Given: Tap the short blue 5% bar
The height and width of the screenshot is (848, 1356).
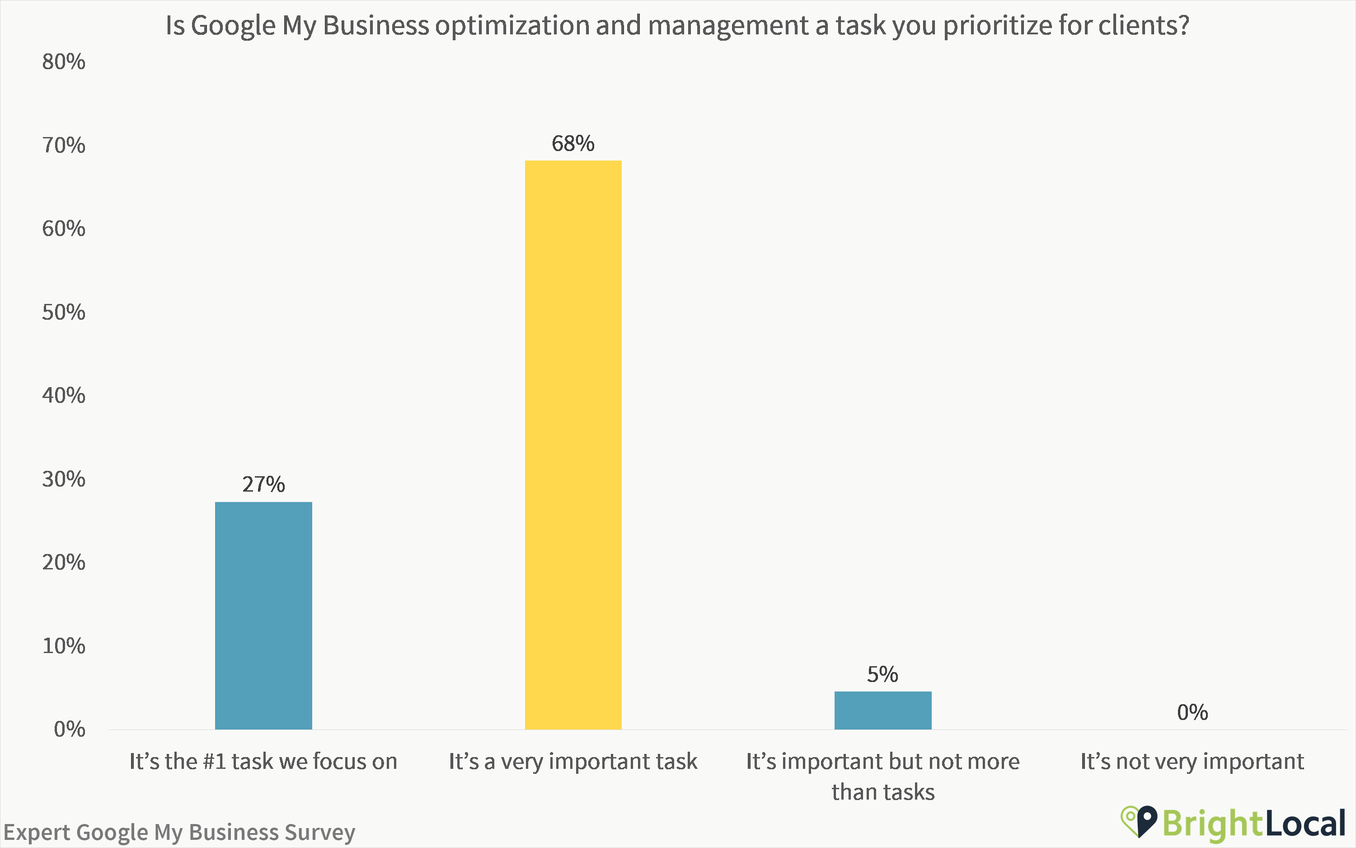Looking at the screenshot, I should point(882,710).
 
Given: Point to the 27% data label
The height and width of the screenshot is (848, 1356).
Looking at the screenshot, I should point(263,484).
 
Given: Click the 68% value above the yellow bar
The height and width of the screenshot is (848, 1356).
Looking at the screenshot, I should point(572,143).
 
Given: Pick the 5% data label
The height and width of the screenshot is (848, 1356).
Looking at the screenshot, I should point(882,674).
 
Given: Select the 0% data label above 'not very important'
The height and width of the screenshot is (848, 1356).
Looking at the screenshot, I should point(1192,712).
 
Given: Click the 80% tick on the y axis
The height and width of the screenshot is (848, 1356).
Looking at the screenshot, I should point(63,62).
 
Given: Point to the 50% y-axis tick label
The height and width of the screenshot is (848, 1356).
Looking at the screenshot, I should point(63,313).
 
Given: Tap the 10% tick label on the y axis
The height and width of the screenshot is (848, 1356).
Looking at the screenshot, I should point(63,646).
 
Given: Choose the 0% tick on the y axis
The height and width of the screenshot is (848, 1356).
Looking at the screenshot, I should point(69,729).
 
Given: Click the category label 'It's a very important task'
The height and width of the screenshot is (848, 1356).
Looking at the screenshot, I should point(572,762).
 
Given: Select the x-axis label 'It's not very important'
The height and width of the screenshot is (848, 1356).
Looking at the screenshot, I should point(1192,762).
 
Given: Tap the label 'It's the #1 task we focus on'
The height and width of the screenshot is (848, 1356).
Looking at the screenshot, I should point(263,762).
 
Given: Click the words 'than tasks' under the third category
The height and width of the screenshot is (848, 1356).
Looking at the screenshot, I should point(882,792).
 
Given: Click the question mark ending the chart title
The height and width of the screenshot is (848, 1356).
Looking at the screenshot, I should point(1183,25).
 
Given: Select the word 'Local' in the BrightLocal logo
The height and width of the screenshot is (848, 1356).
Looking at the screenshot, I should point(1305,823).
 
